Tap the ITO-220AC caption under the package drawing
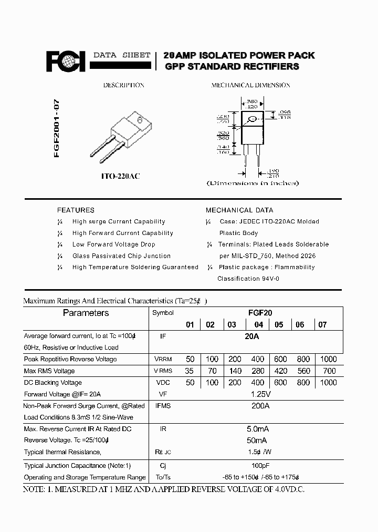120,177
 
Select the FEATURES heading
76,210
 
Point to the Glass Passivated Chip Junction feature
121,256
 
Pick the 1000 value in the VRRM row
328,359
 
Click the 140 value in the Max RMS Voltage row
235,371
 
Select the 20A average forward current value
253,336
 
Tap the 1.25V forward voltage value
257,394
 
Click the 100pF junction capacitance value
257,466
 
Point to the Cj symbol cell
163,466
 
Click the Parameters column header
86,313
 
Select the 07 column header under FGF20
322,325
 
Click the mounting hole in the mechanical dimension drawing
253,119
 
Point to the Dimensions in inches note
253,183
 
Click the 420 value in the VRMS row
280,371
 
